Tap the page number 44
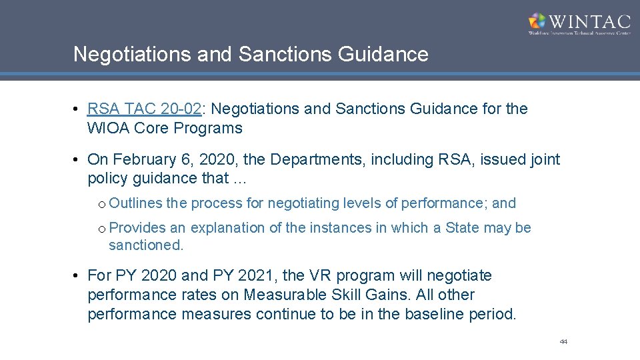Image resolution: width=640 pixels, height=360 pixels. coord(563,341)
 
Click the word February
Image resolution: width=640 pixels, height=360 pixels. coord(146,159)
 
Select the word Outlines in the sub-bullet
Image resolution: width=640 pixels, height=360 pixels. coord(135,203)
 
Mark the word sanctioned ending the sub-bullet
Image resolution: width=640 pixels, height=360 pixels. coord(145,245)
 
